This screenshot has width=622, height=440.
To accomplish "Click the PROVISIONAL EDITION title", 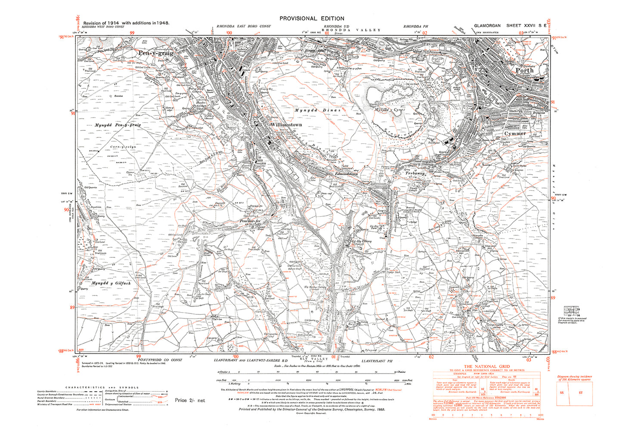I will tap(312, 19).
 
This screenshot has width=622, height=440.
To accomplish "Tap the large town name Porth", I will tap(524, 70).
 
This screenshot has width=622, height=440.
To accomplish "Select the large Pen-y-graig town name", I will tap(156, 53).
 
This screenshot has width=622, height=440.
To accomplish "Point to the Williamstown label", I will tap(286, 124).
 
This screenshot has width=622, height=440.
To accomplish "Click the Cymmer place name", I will tap(515, 133).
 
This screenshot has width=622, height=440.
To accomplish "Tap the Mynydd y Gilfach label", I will tap(111, 283).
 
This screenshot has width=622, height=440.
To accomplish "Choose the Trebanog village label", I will tap(415, 174).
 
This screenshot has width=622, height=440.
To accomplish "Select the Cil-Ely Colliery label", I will tap(362, 241).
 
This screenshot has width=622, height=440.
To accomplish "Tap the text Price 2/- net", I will tap(190, 400).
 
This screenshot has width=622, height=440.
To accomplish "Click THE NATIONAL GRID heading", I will tap(486, 366).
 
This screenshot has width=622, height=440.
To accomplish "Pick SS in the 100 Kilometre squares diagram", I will tap(561, 393).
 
